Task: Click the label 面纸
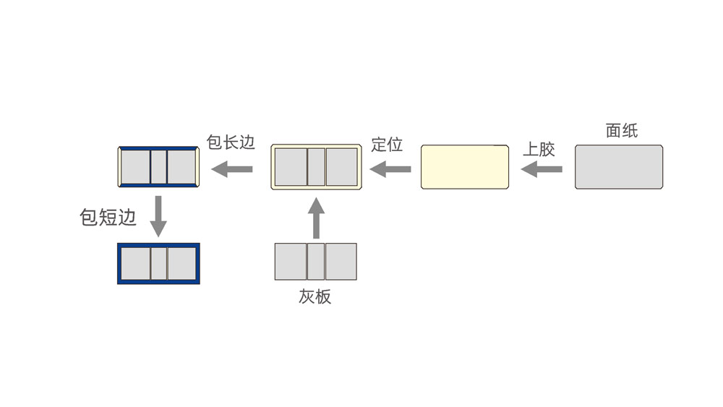[621, 131]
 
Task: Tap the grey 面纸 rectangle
[619, 167]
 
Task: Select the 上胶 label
[539, 150]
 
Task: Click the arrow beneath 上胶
[542, 169]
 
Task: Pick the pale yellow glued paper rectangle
[465, 168]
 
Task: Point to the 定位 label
[387, 144]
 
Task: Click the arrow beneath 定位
[390, 169]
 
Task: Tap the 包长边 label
[231, 142]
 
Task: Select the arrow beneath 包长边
[232, 170]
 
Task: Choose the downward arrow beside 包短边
[158, 215]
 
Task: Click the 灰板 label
[315, 296]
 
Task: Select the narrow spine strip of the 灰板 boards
[315, 262]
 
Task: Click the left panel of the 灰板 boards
[291, 262]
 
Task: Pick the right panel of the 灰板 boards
[341, 262]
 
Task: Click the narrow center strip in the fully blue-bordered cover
[158, 264]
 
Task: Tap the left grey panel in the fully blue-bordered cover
[135, 264]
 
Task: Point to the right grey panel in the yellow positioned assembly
[341, 167]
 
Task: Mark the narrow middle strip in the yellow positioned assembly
[316, 167]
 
